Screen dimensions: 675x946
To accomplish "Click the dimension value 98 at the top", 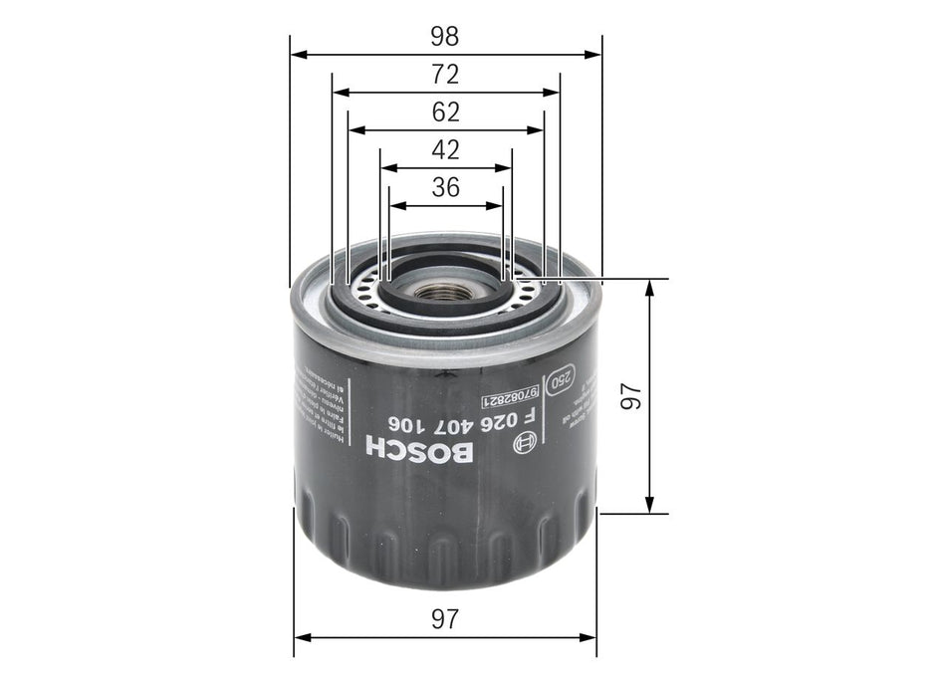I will click(445, 37).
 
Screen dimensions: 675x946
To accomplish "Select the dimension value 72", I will click(445, 74).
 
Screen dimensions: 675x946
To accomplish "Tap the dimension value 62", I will click(445, 112).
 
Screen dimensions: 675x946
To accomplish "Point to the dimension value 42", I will click(445, 150).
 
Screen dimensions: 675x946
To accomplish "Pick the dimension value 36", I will click(445, 187).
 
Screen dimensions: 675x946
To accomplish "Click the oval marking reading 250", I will click(561, 380).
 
